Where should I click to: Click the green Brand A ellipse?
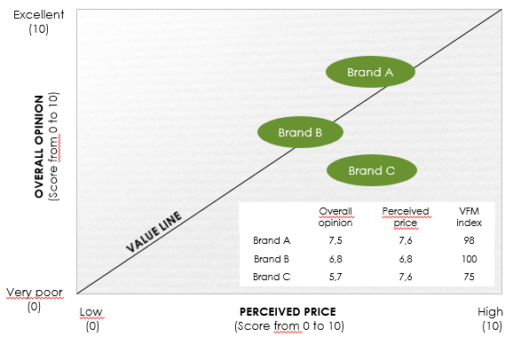[370, 72]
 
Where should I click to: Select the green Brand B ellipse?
[300, 132]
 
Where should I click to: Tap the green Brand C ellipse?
[372, 170]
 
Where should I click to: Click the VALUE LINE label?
[154, 231]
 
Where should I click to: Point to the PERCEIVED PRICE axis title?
[288, 311]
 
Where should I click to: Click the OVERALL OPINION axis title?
[39, 146]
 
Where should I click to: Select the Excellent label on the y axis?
[38, 15]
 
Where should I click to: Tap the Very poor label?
[35, 293]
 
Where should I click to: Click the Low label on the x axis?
[91, 312]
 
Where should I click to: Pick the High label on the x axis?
[490, 312]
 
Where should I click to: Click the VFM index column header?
[470, 216]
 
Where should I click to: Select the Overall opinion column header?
[335, 216]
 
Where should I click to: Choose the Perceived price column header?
[406, 216]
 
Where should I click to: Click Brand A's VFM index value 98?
[469, 240]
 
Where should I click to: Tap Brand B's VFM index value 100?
[470, 259]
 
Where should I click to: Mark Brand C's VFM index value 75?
[469, 277]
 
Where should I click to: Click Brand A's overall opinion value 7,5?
[335, 240]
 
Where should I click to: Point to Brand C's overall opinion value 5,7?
[335, 277]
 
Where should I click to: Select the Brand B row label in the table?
[272, 259]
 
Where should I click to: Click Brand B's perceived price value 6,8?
[406, 259]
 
